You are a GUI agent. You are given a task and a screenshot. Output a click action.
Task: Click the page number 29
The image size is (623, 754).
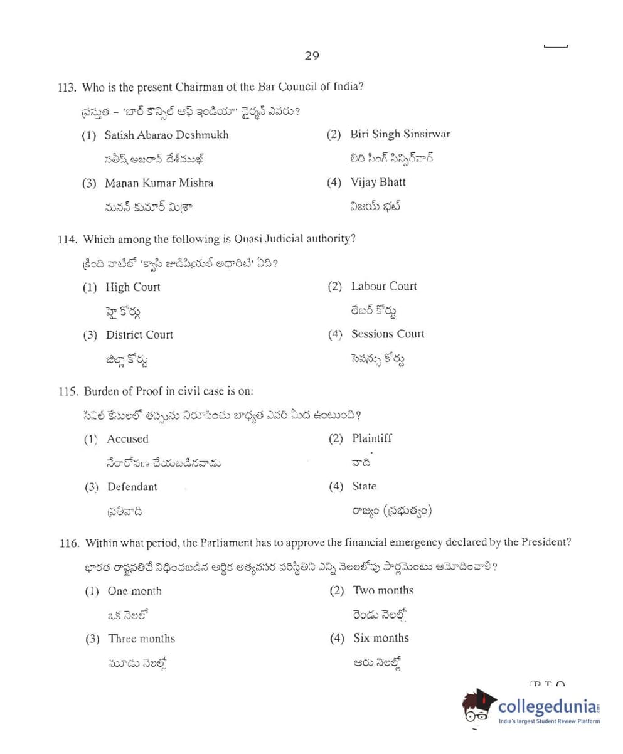[312, 56]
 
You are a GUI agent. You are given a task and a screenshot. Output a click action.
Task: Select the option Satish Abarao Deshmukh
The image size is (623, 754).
[166, 135]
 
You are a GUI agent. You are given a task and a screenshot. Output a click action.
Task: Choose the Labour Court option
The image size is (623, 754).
[383, 286]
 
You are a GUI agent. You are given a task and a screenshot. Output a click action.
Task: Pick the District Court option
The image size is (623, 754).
[139, 335]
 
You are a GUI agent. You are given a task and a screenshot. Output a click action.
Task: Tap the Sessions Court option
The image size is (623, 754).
[387, 334]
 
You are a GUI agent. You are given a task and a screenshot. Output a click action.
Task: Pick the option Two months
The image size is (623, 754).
[383, 591]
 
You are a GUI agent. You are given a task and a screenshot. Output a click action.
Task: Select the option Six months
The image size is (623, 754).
[380, 638]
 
